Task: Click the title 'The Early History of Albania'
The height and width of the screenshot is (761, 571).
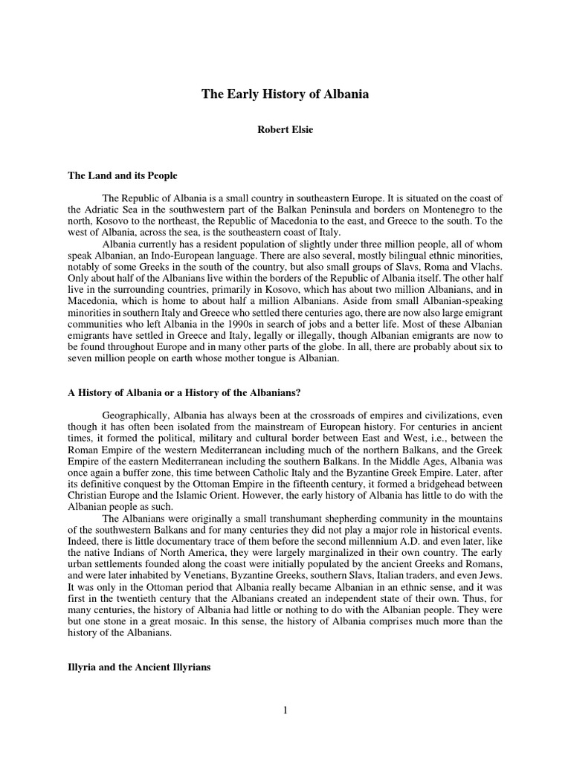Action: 285,94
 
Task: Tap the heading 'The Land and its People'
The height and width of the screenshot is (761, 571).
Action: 123,175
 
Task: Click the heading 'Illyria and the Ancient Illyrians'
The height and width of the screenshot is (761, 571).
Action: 140,668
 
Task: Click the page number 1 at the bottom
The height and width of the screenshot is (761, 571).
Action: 285,710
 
